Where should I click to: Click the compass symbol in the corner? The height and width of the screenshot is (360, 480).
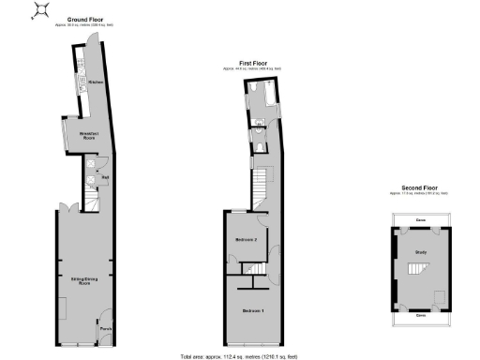pos(42,10)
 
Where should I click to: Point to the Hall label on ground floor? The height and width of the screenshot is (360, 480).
pos(105,176)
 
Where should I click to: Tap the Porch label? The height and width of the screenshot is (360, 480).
pos(105,329)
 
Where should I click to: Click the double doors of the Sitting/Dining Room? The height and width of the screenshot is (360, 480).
pos(63,208)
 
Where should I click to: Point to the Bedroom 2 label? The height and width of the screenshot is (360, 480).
pos(246,241)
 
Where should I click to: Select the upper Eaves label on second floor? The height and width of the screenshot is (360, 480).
pos(421,219)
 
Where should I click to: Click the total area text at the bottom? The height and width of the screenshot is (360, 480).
pos(239,356)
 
